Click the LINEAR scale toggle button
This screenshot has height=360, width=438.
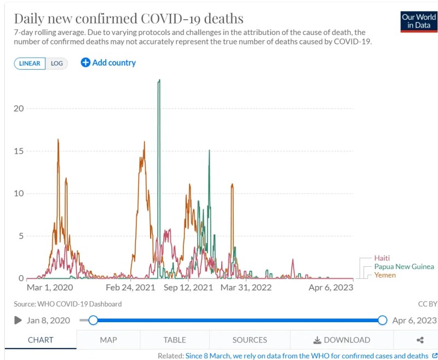click(x=30, y=63)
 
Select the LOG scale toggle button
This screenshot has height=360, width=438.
click(x=57, y=63)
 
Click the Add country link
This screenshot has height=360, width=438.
click(x=108, y=62)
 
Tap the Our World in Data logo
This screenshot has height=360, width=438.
click(x=419, y=21)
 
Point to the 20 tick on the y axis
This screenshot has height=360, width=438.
click(x=19, y=108)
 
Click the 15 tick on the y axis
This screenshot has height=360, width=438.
click(x=19, y=151)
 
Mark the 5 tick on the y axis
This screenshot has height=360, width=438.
click(x=21, y=236)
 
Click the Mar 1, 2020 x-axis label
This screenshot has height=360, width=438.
click(x=50, y=287)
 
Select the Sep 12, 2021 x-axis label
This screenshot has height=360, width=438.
click(x=188, y=287)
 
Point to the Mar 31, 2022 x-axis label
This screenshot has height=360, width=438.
click(x=246, y=287)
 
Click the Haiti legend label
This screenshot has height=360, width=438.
click(x=383, y=258)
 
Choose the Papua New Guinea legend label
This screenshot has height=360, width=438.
click(x=404, y=267)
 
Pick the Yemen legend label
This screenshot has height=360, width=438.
click(x=385, y=275)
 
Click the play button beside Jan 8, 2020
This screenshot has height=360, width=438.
click(x=18, y=320)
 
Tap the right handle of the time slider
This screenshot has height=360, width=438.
click(x=382, y=320)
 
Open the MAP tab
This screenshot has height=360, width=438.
click(x=108, y=340)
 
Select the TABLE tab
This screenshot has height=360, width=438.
click(x=175, y=340)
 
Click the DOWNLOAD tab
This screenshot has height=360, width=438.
click(x=341, y=340)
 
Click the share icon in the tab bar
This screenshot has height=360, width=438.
click(x=420, y=340)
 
